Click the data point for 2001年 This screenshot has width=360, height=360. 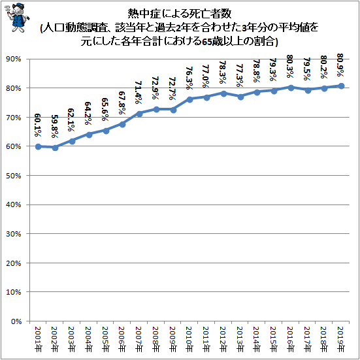point(39,146)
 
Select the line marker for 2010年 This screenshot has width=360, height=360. point(189,99)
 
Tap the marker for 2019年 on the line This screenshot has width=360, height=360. point(341,86)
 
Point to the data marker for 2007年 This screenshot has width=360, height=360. point(139,114)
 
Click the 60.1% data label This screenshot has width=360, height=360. point(38,125)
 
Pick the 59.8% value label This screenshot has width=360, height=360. point(55,126)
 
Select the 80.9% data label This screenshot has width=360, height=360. point(340,65)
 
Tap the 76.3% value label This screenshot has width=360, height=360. point(189,78)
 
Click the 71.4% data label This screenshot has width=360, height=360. point(139,92)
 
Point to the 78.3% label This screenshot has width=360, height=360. point(223,72)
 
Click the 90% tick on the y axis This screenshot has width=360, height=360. point(13,59)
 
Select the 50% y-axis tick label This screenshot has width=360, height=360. point(13,176)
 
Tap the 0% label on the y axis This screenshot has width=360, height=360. point(16,321)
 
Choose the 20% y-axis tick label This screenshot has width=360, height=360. point(13,263)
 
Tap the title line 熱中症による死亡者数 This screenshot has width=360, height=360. point(180,14)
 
